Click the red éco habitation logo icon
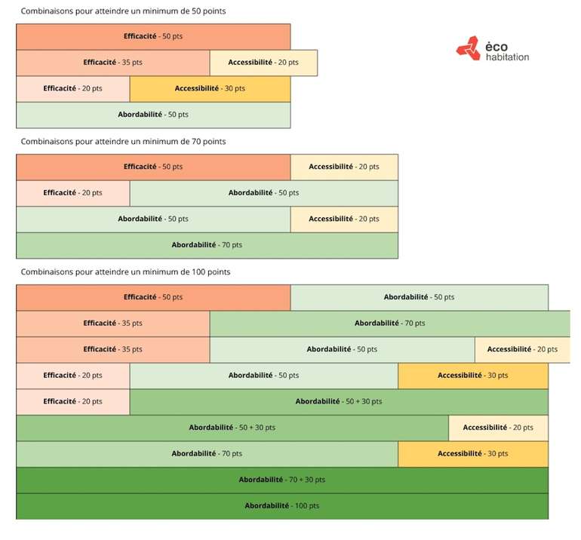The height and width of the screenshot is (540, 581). pos(467,48)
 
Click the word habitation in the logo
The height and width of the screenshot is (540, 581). pos(508,57)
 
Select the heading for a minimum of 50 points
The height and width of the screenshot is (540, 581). pos(123,11)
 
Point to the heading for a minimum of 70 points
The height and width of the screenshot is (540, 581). pos(123,141)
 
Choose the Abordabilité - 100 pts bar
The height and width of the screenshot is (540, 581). pos(281,506)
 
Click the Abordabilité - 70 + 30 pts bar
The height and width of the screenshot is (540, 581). pos(281,480)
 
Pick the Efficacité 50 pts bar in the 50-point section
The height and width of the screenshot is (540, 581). pos(153,37)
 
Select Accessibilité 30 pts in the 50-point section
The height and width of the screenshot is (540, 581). pos(210,88)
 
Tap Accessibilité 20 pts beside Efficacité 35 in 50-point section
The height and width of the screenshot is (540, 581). pos(263,63)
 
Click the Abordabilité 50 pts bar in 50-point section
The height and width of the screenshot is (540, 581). pos(153,115)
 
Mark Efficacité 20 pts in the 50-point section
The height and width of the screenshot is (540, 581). pos(72,88)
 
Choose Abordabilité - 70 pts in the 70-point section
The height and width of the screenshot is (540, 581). pos(207,245)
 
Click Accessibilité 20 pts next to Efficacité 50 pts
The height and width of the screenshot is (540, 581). pos(344,167)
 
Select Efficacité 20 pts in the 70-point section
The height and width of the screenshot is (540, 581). pos(72,193)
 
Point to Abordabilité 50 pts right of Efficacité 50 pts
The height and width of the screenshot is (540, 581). pos(419,297)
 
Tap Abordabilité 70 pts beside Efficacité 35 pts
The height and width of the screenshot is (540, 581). pos(389,324)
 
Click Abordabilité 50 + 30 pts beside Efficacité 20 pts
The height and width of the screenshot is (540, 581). pos(339,402)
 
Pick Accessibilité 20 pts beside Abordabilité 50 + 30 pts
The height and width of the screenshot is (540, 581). pos(498,428)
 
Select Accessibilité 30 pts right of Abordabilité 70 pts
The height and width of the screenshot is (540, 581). pos(473,454)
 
